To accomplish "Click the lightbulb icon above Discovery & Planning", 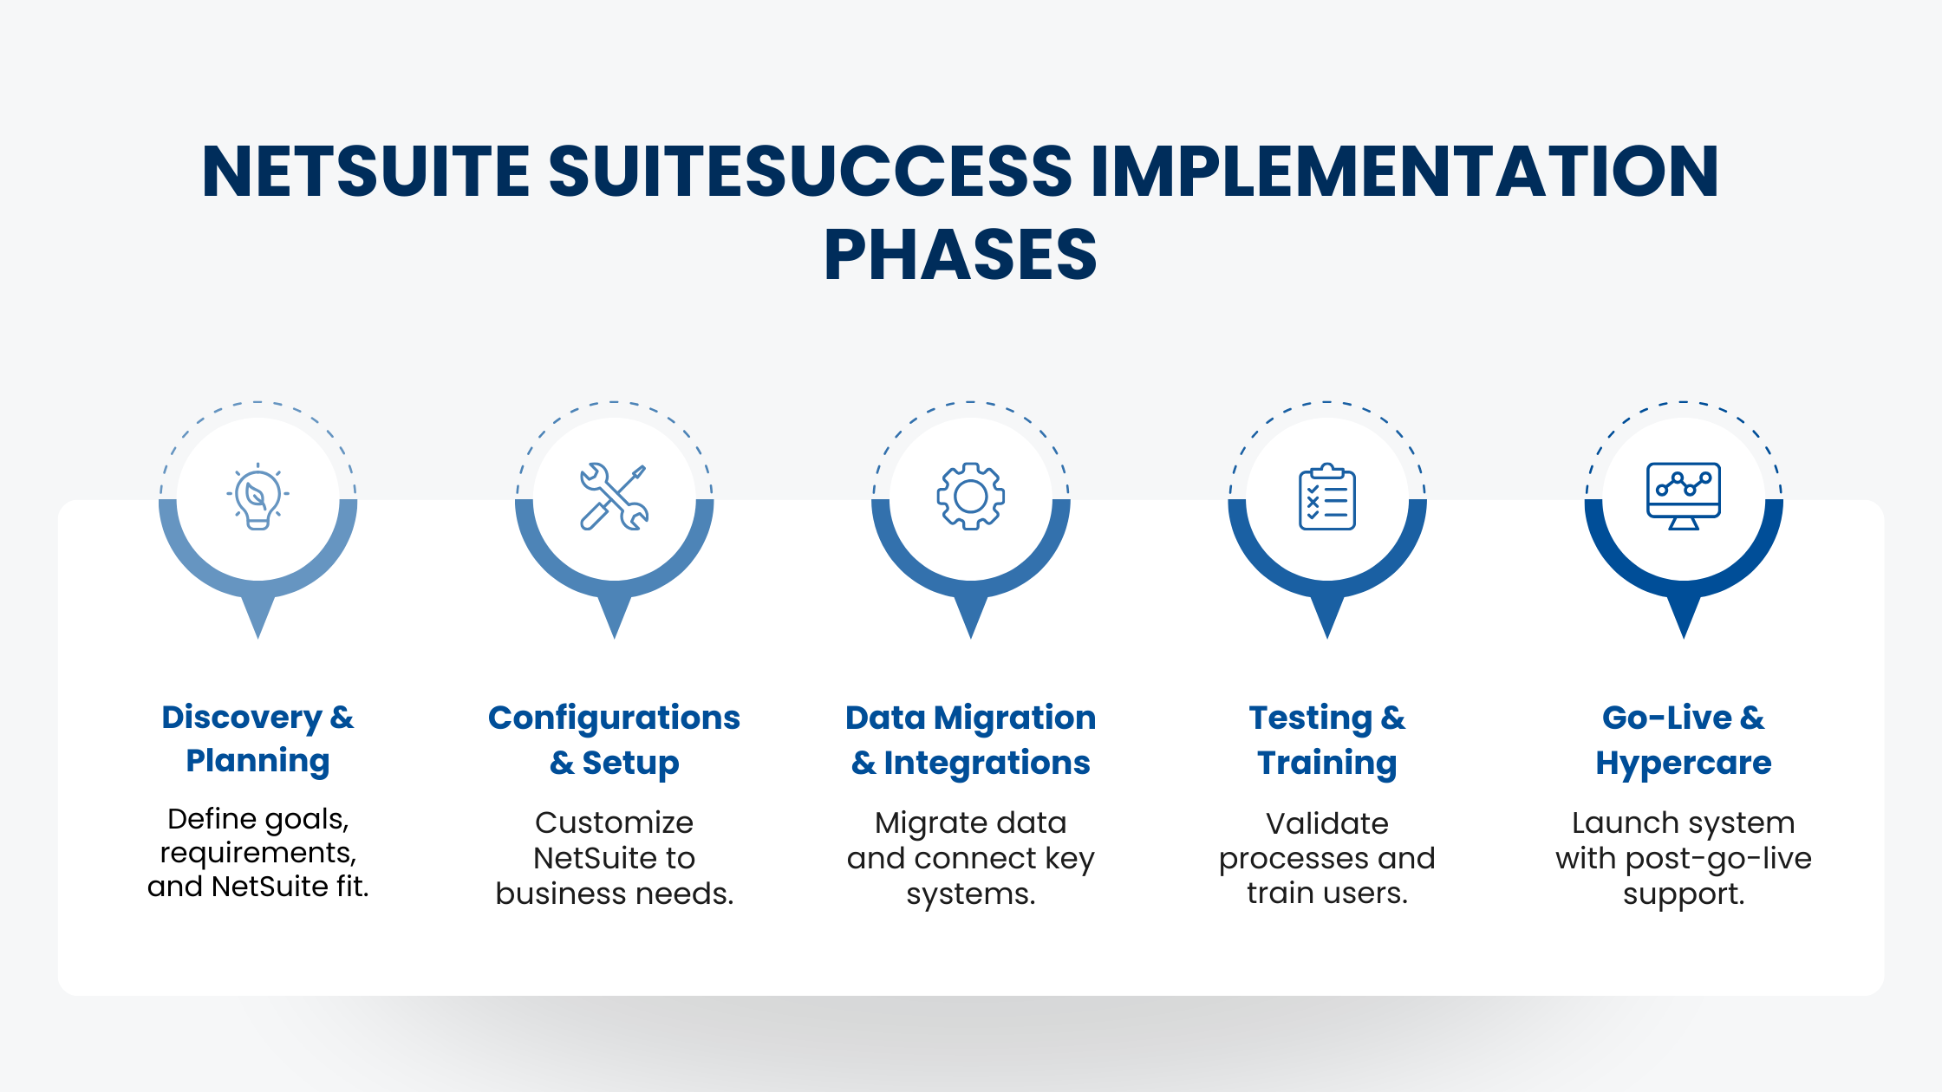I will [x=257, y=497].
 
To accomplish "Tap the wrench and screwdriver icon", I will [x=614, y=497].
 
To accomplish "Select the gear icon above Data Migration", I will [x=970, y=497].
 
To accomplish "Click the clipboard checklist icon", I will [x=1326, y=497].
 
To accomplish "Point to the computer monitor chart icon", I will [x=1683, y=496].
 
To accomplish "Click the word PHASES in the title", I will [x=960, y=255].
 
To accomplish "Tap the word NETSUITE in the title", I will [x=365, y=171].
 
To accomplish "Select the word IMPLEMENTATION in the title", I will [x=1404, y=171].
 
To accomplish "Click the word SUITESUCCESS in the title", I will [x=810, y=171].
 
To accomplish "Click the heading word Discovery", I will [x=242, y=718].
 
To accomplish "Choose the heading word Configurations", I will [x=614, y=718].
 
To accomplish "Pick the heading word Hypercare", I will [x=1683, y=763].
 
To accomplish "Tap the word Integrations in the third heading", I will [x=987, y=763].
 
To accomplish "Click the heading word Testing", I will [x=1310, y=718].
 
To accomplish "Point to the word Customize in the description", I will [x=614, y=822].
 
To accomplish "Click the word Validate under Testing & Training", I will [x=1326, y=823].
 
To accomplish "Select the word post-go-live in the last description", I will [x=1718, y=858].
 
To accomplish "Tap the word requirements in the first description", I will [x=257, y=853].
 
